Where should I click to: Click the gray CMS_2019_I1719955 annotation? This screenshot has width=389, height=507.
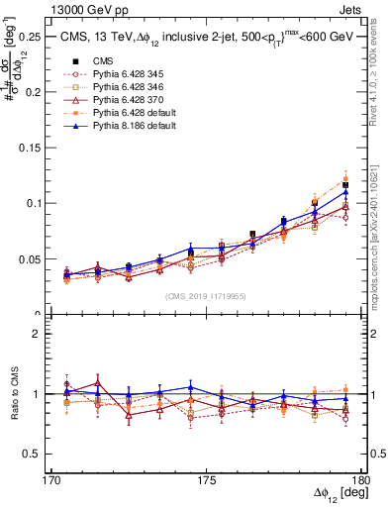pos(206,296)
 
